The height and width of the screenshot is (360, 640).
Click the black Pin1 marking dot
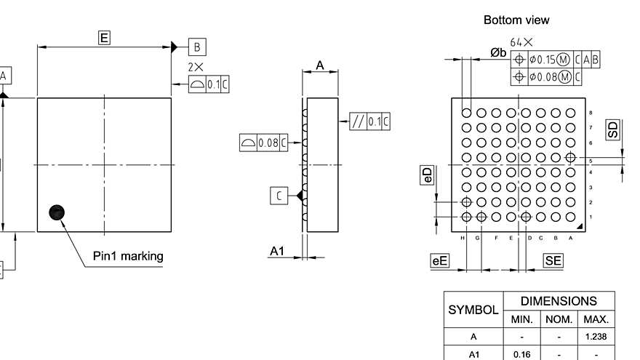point(57,212)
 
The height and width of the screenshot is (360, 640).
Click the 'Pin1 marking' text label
point(128,256)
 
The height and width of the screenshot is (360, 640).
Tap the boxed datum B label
point(197,47)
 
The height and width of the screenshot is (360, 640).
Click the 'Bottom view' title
point(516,20)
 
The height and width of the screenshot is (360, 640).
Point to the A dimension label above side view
point(320,65)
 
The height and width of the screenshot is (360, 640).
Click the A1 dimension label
point(277,251)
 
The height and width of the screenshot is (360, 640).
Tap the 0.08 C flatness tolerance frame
point(263,143)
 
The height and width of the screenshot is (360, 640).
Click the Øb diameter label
point(498,52)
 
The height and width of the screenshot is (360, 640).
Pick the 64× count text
point(521,43)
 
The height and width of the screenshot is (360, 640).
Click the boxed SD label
point(613,130)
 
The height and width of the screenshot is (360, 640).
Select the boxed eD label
point(428,175)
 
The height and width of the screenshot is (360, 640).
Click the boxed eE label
point(440,260)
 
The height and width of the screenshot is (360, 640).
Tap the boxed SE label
point(553,260)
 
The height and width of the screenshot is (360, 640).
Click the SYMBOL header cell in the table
point(473,310)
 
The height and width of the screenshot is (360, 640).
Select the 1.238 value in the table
point(596,337)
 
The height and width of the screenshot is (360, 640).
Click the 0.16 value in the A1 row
point(522,354)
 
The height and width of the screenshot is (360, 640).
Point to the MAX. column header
point(596,319)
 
